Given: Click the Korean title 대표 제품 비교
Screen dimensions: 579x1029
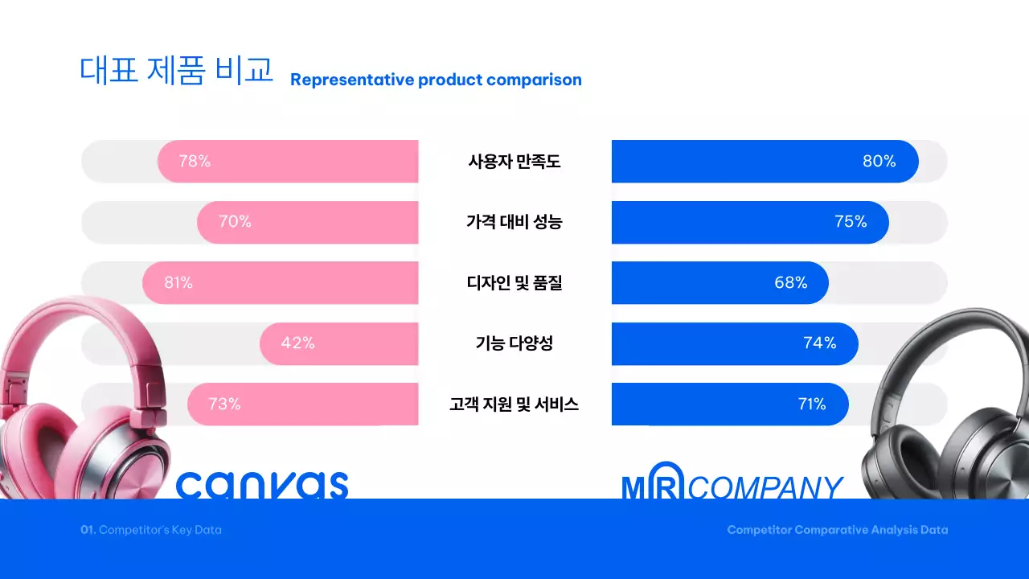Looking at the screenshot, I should (176, 71).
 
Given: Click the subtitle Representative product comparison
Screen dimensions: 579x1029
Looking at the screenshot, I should (436, 80).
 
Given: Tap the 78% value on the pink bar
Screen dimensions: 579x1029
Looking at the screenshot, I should (195, 161).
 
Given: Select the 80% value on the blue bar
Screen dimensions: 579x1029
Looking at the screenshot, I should (879, 161).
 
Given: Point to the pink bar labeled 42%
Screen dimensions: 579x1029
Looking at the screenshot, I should (338, 343).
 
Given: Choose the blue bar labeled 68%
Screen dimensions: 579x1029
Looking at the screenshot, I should (719, 283).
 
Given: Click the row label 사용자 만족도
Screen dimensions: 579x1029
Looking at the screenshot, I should (514, 161).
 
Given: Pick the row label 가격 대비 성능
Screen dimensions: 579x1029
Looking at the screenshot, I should (514, 222).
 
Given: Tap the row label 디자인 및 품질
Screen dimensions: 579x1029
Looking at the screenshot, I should (514, 283).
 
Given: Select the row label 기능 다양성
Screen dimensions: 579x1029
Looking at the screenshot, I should (514, 343).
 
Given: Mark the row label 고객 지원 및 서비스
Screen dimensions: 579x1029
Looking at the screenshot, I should (514, 404).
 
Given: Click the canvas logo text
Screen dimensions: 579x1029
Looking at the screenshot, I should (262, 484).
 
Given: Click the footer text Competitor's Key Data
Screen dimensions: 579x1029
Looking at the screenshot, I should (151, 530).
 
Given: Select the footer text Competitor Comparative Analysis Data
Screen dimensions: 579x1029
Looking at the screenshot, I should (837, 530).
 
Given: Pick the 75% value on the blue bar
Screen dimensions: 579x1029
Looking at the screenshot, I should (851, 222).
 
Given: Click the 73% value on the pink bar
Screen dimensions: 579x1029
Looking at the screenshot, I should (224, 404).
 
